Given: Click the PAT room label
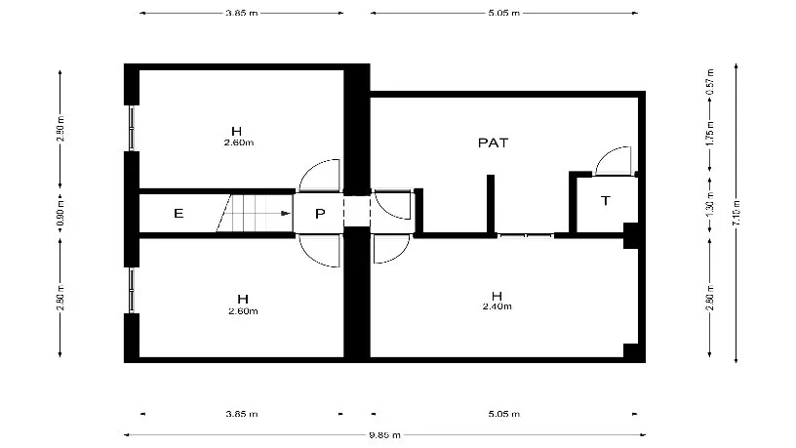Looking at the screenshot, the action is coord(493,143).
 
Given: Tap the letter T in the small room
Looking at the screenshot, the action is coord(605,201).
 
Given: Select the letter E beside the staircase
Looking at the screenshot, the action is coord(179,214).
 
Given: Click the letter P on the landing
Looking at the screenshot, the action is coord(320,214).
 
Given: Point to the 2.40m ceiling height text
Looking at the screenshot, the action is coord(497,306).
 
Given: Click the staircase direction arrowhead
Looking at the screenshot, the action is coord(286,214).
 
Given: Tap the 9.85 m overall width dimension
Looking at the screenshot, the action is coord(384,434).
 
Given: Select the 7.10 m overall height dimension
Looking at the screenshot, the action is coord(736,213).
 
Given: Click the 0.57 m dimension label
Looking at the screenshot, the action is coord(710,81).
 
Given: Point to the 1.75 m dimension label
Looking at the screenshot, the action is coord(710,133).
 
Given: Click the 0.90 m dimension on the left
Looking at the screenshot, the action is coord(60,214).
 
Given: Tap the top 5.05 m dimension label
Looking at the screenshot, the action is coord(504,13).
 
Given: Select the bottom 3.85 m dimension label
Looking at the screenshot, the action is coord(242,414).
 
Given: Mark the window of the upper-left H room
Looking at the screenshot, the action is coord(132,128).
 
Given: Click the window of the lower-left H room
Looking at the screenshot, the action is coord(132,290).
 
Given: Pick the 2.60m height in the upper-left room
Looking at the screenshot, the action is coord(239,143).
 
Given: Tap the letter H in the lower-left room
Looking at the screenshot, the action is coord(243,300).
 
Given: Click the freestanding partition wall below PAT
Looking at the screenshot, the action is coord(491,204).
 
